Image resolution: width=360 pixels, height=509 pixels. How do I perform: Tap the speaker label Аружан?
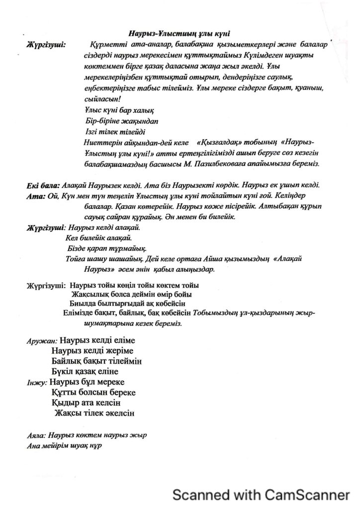41,342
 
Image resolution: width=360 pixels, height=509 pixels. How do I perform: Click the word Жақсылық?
91,294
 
